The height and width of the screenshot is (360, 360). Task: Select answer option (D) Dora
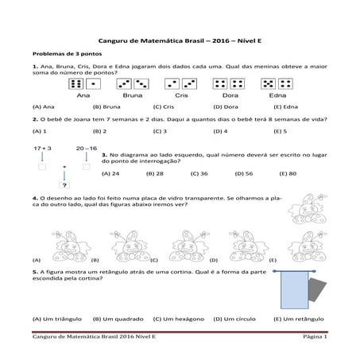226,106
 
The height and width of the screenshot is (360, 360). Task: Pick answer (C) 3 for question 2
159,130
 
